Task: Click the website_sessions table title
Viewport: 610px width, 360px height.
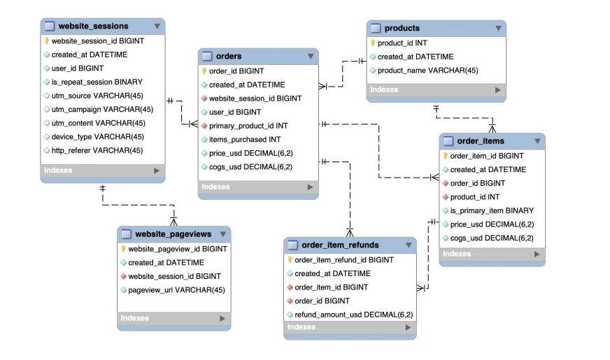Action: click(93, 27)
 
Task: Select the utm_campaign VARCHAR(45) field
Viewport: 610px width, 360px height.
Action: click(102, 110)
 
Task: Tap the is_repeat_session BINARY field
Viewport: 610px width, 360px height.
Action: click(97, 82)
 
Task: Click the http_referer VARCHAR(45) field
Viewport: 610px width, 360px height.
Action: click(97, 150)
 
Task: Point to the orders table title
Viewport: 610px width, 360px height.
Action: click(229, 57)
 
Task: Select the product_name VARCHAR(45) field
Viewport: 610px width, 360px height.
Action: click(428, 71)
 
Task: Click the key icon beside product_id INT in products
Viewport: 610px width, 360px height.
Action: click(373, 43)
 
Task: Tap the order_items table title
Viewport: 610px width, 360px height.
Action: click(481, 141)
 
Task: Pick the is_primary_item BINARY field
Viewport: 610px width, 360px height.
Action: click(492, 210)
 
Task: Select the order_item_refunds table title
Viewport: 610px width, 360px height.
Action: click(340, 245)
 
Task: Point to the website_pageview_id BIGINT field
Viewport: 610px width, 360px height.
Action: click(178, 249)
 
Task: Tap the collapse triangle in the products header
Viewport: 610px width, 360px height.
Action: click(498, 29)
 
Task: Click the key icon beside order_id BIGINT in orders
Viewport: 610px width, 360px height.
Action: click(204, 71)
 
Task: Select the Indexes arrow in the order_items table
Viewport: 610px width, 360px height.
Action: click(537, 254)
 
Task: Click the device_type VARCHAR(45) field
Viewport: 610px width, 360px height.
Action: click(98, 137)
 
